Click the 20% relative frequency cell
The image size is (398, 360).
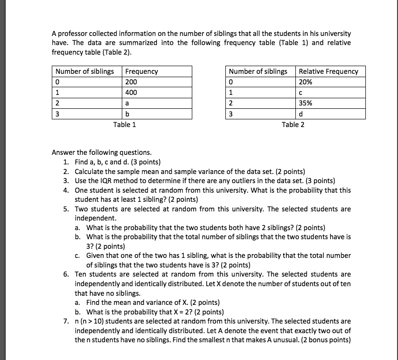(x=331, y=82)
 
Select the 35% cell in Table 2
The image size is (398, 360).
(x=331, y=103)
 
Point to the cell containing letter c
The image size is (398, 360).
(x=331, y=93)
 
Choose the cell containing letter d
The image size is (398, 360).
(x=331, y=114)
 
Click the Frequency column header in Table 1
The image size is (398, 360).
(x=142, y=71)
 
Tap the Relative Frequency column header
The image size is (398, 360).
(x=328, y=71)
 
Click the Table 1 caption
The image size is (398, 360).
(x=124, y=125)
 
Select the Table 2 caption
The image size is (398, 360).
(x=293, y=125)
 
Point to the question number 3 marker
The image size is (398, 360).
(x=65, y=181)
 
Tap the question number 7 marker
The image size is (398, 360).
(x=65, y=321)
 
